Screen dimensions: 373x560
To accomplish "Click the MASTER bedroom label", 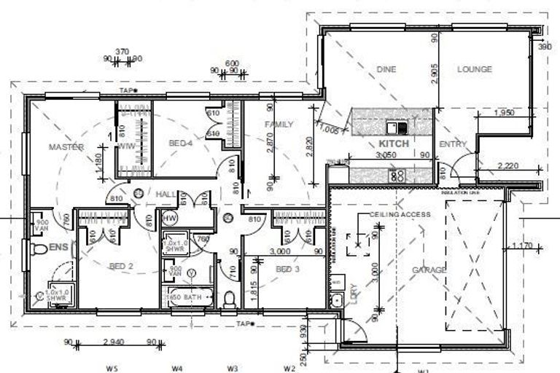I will tap(66, 147).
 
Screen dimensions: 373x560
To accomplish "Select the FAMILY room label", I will tap(279, 125).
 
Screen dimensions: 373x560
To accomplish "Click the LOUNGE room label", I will tap(475, 70).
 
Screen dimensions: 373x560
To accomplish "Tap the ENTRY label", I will tap(453, 145).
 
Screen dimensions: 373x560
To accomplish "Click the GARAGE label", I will tap(429, 270).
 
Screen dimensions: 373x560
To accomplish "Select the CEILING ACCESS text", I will tap(400, 215).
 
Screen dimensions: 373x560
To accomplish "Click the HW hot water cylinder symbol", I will tap(169, 219).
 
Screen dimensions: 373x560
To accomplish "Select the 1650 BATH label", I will tap(186, 298).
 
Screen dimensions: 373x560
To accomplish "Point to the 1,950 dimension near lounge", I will tap(503, 114).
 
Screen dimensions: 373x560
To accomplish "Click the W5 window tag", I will tap(111, 368).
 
